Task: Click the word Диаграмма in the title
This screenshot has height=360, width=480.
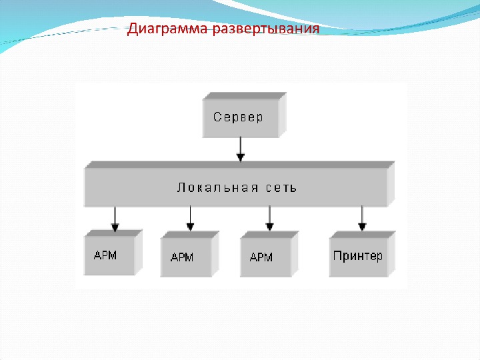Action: pos(166,29)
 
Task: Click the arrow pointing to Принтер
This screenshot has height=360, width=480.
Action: pos(362,217)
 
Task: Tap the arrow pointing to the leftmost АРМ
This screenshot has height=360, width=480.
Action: pos(115,217)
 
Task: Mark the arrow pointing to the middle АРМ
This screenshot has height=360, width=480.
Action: pos(191,217)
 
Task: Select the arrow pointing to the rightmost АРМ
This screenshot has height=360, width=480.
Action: pos(269,217)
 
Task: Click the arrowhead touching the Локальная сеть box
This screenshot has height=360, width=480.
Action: pos(241,157)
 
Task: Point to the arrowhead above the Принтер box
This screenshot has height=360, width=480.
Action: pos(362,227)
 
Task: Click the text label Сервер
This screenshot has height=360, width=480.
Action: pos(238,117)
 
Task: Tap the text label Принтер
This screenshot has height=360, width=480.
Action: pos(357,255)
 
